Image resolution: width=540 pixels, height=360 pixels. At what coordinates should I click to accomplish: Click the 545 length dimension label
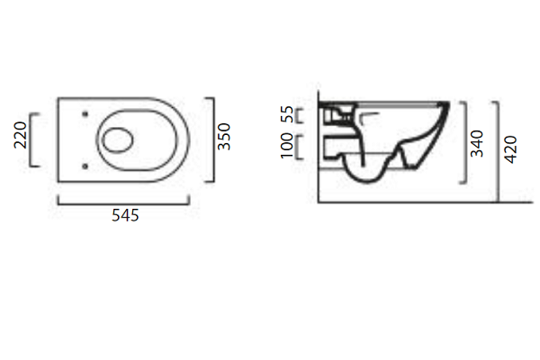[x=125, y=216]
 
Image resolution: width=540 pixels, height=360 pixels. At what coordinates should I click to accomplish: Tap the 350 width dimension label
[x=224, y=137]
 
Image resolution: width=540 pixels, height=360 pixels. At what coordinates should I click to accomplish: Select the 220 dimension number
[x=21, y=135]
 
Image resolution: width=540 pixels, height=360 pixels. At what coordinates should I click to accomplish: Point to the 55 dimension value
[x=287, y=114]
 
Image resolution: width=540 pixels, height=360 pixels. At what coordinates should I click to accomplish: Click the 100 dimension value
[x=286, y=146]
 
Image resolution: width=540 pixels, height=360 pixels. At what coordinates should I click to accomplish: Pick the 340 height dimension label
[x=477, y=143]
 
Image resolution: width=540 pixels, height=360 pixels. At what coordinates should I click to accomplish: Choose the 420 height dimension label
[x=510, y=149]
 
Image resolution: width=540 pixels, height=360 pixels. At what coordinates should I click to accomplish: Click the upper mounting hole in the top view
[x=85, y=114]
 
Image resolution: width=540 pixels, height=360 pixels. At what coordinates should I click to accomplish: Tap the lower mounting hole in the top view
[x=85, y=166]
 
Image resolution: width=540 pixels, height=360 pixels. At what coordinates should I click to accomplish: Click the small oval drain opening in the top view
[x=118, y=139]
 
